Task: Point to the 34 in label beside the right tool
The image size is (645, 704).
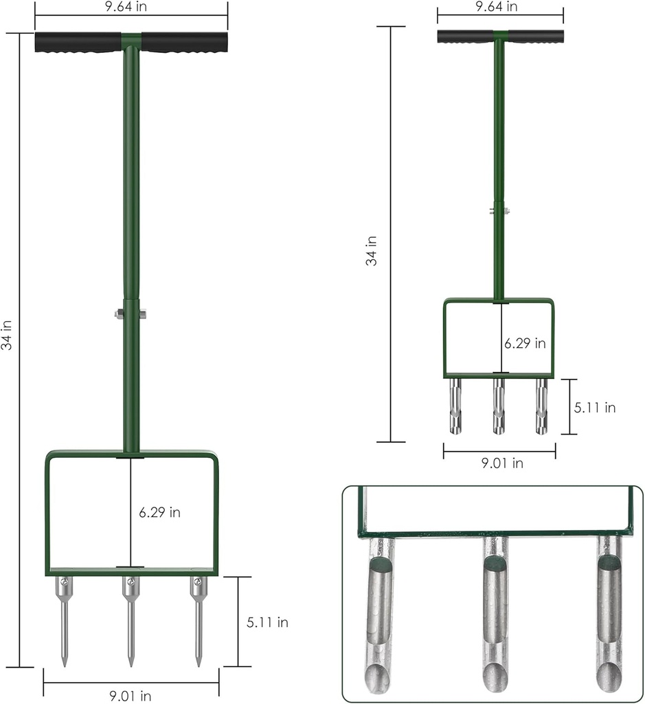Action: point(372,251)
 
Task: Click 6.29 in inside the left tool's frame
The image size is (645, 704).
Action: point(159,513)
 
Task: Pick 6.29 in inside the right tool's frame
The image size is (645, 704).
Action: point(525,343)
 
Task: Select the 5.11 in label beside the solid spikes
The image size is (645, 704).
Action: point(267,623)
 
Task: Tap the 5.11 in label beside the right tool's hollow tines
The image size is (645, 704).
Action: point(594,408)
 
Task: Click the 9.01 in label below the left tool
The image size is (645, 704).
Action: point(131,696)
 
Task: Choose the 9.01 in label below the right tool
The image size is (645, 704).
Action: point(501,463)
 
